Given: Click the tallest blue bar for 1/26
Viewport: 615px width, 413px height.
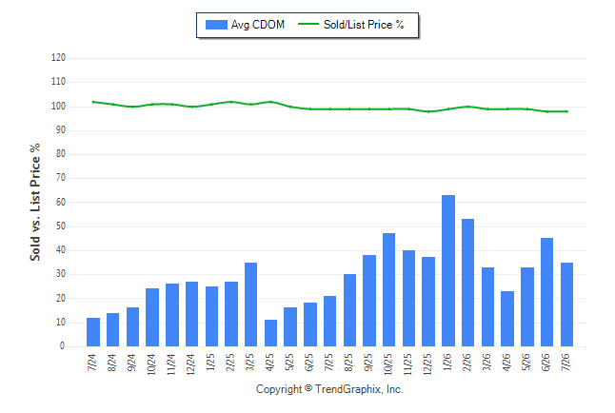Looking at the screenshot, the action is [448, 270].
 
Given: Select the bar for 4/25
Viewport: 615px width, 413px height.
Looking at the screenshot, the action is [270, 333].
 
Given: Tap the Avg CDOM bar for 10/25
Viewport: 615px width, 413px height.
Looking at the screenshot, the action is [388, 290].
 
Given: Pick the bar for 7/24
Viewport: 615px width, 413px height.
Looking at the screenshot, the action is [93, 332].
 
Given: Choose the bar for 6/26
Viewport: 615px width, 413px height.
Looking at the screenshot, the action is [546, 292].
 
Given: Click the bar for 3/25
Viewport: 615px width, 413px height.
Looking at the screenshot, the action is [251, 305].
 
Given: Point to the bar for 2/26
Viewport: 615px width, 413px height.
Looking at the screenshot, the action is [468, 283].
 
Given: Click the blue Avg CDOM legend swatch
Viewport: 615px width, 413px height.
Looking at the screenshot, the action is [216, 25].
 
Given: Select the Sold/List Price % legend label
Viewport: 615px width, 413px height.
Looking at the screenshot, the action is [364, 25].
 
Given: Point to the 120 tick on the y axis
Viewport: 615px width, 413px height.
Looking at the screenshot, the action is [58, 58].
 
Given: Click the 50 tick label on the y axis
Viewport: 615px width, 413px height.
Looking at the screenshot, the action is [60, 226].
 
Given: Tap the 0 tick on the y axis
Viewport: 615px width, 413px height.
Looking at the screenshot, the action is [63, 346].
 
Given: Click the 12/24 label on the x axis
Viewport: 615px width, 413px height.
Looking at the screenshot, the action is [191, 364].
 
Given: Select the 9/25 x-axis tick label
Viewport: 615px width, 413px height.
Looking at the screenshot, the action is [368, 363].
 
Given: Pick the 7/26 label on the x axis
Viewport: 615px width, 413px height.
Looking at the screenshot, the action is [566, 363].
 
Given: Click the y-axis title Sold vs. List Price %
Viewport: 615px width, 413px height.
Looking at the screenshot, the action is [35, 202].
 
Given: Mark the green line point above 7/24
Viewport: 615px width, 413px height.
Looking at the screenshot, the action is [93, 102].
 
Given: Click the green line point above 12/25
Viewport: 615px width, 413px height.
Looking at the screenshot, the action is [428, 111].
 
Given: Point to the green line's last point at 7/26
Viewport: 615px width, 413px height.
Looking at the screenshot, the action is [566, 111].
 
